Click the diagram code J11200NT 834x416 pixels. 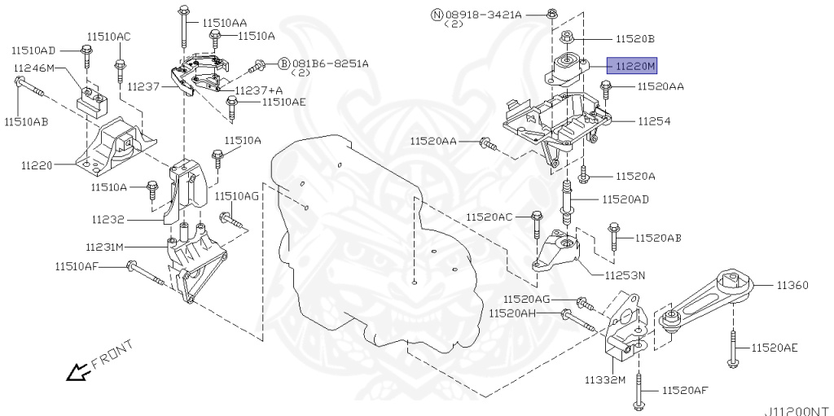coord(796,410)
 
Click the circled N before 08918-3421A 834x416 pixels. coord(437,15)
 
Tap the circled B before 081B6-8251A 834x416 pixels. coord(283,63)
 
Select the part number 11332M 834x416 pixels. coord(604,380)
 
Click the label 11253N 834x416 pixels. coord(625,275)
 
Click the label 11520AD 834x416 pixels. coord(625,199)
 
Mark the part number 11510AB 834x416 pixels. coord(25,122)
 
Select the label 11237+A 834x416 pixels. coord(259,90)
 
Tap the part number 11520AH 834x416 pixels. coord(513,313)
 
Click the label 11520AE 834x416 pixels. coord(774,348)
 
